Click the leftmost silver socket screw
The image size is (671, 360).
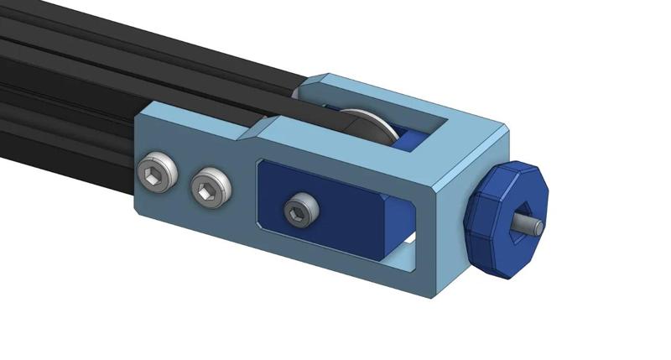[157, 173]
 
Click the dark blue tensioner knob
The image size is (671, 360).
[506, 220]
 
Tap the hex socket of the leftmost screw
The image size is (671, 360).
[155, 174]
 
